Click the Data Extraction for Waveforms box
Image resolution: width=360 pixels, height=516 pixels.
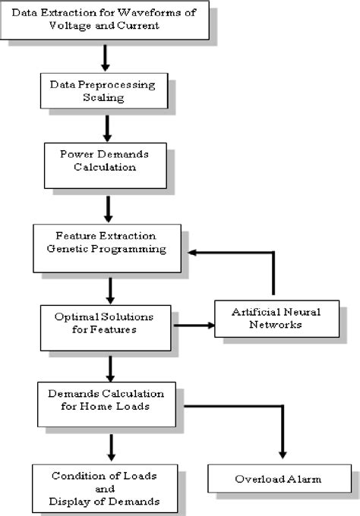click(104, 20)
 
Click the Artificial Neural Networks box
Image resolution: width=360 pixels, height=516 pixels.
click(275, 319)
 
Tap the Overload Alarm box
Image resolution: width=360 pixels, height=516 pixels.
click(279, 480)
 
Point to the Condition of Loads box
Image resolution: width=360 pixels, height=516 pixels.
click(104, 488)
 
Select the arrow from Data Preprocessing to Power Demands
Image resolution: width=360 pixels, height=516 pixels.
click(107, 128)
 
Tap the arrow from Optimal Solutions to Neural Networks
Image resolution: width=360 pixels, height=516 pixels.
click(193, 326)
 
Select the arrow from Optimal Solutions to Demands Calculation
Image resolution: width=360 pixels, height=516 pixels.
click(111, 367)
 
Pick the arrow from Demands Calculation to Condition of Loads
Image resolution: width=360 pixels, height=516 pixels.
click(111, 447)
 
